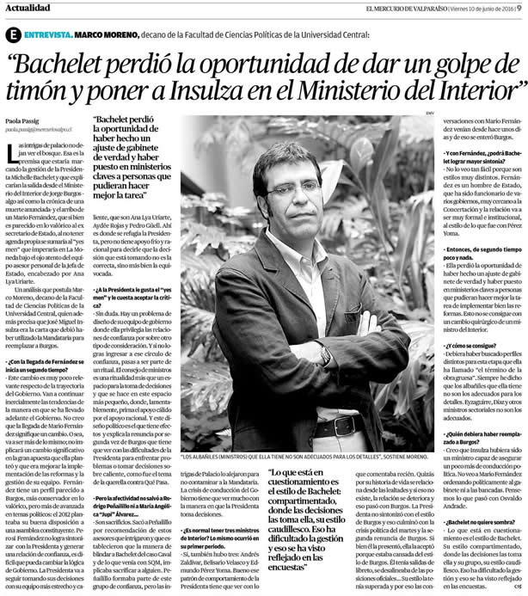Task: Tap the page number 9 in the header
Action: coord(520,8)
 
